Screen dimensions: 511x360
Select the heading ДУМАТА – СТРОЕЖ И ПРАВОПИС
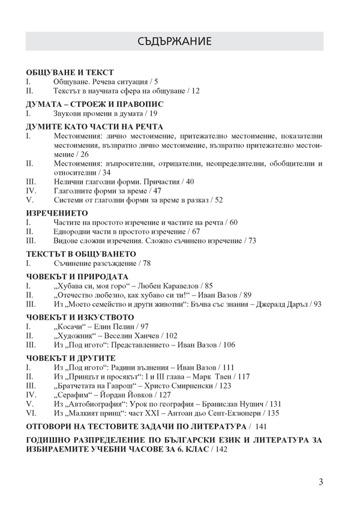coord(95,104)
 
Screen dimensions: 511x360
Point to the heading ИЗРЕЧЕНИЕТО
coord(58,213)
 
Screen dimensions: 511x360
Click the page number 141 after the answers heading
coord(260,426)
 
